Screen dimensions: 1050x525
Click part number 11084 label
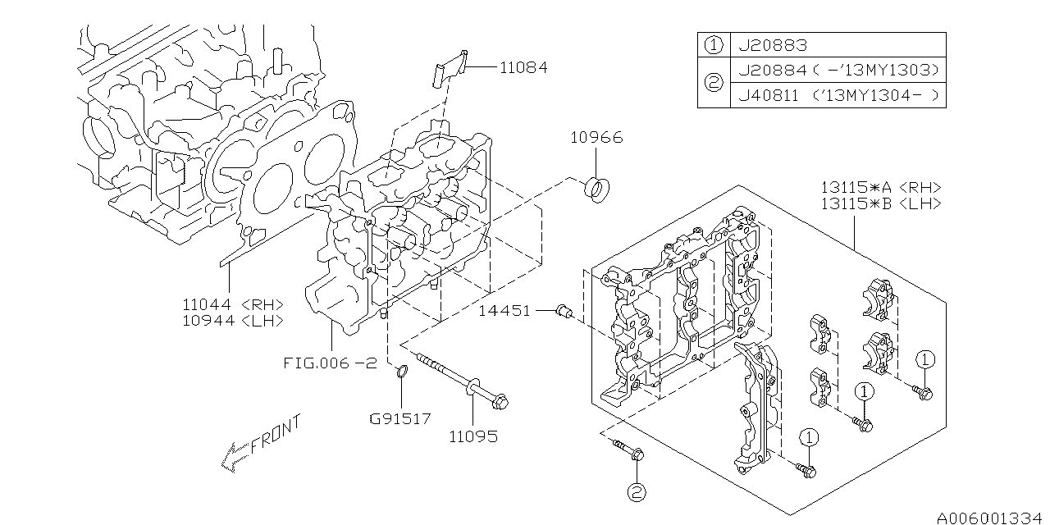[x=523, y=67]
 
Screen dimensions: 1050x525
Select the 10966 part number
[x=596, y=137]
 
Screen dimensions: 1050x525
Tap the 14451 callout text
[x=504, y=311]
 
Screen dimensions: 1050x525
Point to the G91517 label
[x=400, y=418]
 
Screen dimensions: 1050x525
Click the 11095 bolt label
[x=473, y=437]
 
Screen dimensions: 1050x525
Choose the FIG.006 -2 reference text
[x=331, y=363]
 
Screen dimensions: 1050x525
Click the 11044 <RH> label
[x=233, y=304]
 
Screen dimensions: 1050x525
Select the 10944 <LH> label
[x=233, y=321]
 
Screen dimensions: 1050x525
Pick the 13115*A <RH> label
[x=881, y=188]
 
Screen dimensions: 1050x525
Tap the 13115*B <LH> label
[x=881, y=204]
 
